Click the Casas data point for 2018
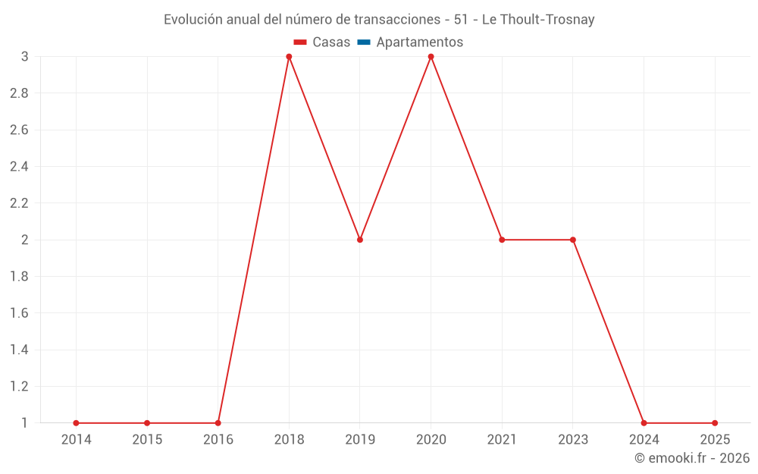tap(289, 57)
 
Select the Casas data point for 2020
tap(431, 57)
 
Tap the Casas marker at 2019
tap(360, 240)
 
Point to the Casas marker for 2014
tap(76, 423)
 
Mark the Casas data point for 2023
tap(573, 240)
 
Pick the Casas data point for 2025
tap(715, 423)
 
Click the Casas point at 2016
tap(218, 423)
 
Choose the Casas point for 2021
tap(502, 240)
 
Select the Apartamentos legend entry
tap(419, 42)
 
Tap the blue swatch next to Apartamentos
tap(364, 42)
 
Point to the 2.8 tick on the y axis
tap(19, 93)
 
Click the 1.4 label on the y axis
tap(19, 350)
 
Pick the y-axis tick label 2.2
tap(19, 203)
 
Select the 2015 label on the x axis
tap(147, 439)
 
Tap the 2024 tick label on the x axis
tap(644, 439)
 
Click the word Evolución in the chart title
tap(193, 20)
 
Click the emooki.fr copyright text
tap(692, 458)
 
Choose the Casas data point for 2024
tap(644, 423)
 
